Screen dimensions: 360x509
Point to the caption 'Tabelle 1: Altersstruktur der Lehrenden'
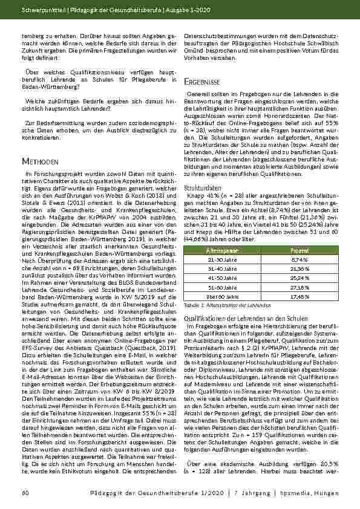coord(219,306)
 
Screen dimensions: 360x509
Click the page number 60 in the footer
coord(24,494)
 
